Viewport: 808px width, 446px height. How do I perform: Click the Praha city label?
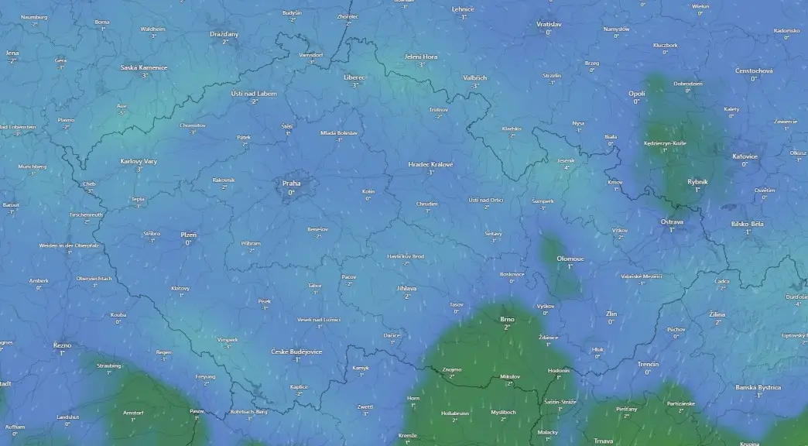(292, 184)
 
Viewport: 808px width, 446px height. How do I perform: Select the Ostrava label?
(672, 221)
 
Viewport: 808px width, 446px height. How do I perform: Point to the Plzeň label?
(189, 234)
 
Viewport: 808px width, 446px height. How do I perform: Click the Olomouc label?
(570, 259)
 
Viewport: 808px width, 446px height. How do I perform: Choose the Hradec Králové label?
(431, 164)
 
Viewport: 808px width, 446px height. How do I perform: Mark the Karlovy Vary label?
(139, 161)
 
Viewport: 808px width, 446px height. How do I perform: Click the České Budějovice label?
(296, 352)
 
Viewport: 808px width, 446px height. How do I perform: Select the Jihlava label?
(406, 288)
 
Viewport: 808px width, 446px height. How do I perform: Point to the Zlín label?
(611, 314)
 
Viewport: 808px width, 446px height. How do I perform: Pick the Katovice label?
(745, 156)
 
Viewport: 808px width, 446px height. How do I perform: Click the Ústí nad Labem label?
(254, 93)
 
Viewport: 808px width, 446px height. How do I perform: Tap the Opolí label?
(636, 93)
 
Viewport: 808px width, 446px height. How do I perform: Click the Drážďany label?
(224, 34)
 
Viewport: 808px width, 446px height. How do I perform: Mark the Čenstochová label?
(754, 70)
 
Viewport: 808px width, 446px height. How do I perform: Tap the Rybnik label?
(697, 181)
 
